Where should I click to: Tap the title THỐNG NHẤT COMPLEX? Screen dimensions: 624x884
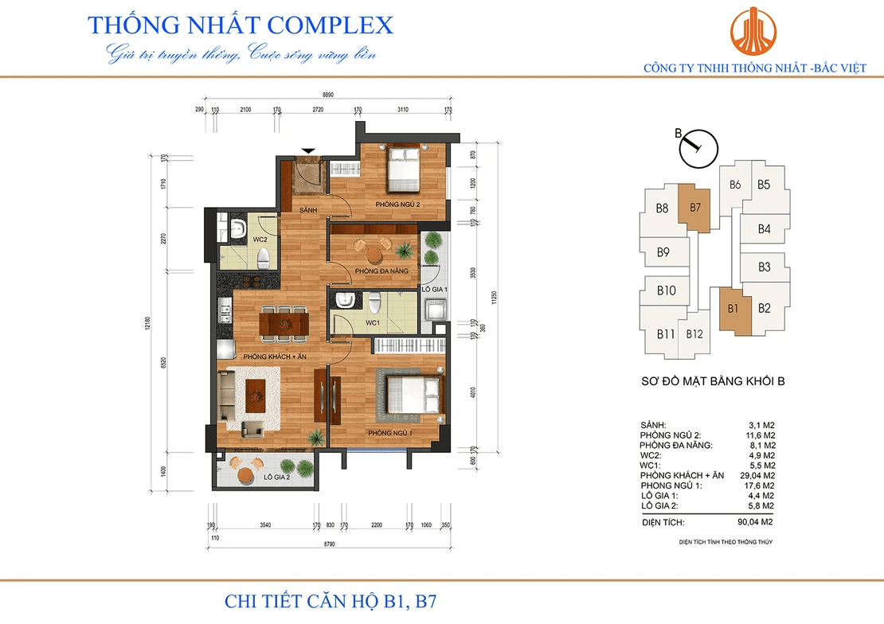241,25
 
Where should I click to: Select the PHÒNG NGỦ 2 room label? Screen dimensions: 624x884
398,205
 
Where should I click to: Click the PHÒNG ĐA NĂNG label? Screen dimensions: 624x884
381,271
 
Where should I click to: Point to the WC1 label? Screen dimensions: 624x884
371,323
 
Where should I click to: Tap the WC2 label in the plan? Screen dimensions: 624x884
237,239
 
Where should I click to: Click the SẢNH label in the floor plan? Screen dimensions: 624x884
309,210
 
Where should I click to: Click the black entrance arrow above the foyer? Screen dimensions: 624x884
307,150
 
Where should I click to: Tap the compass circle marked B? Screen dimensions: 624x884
700,149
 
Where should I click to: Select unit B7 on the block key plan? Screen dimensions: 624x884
694,209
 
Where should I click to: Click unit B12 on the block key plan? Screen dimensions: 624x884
694,334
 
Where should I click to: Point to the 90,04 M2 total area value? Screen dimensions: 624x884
756,523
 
